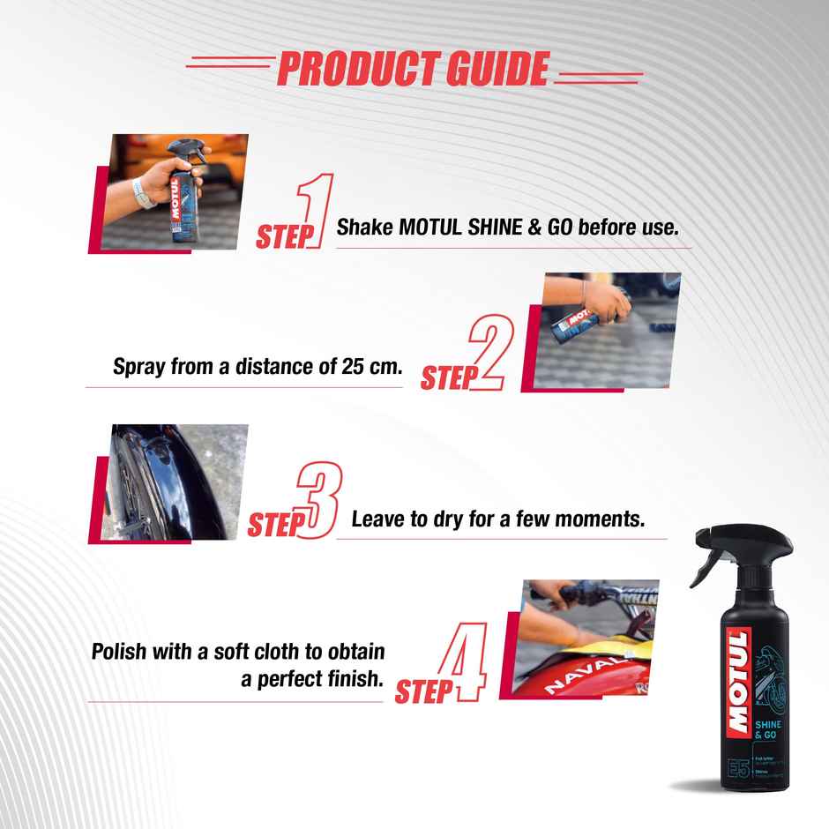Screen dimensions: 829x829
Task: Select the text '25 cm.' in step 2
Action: pyautogui.click(x=371, y=366)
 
